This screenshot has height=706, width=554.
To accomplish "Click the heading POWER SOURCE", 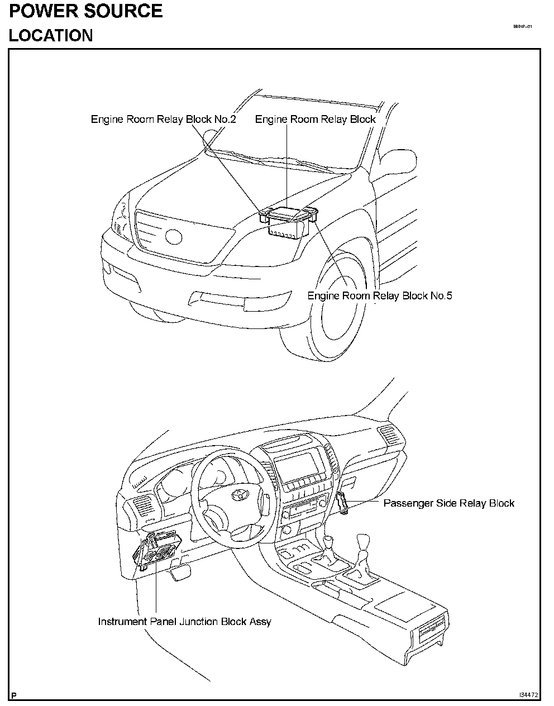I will pos(85,11).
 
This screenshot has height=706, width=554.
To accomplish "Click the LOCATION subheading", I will pos(51,35).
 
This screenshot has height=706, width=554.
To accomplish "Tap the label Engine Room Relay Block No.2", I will pos(163,120).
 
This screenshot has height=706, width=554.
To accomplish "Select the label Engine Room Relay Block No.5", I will pos(380,295).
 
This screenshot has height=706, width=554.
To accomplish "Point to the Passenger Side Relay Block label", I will pos(448,503).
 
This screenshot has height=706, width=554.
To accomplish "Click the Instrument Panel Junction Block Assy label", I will pos(184,622).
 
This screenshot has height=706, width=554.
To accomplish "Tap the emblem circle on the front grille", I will pos(174,236).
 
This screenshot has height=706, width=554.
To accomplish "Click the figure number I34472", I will pos(528,695).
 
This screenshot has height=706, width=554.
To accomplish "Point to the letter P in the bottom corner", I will pos(13,696).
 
